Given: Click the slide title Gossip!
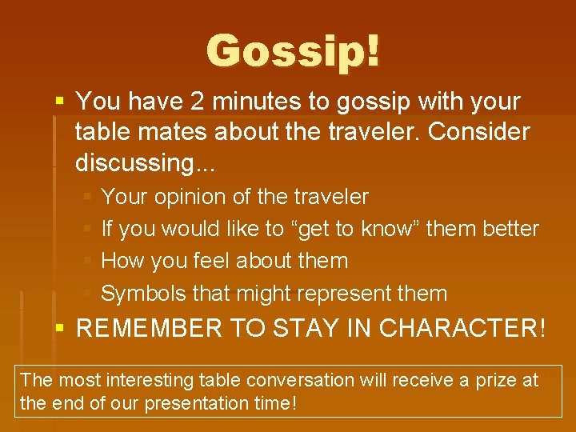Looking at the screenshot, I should (294, 51).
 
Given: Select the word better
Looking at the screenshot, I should (510, 229).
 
